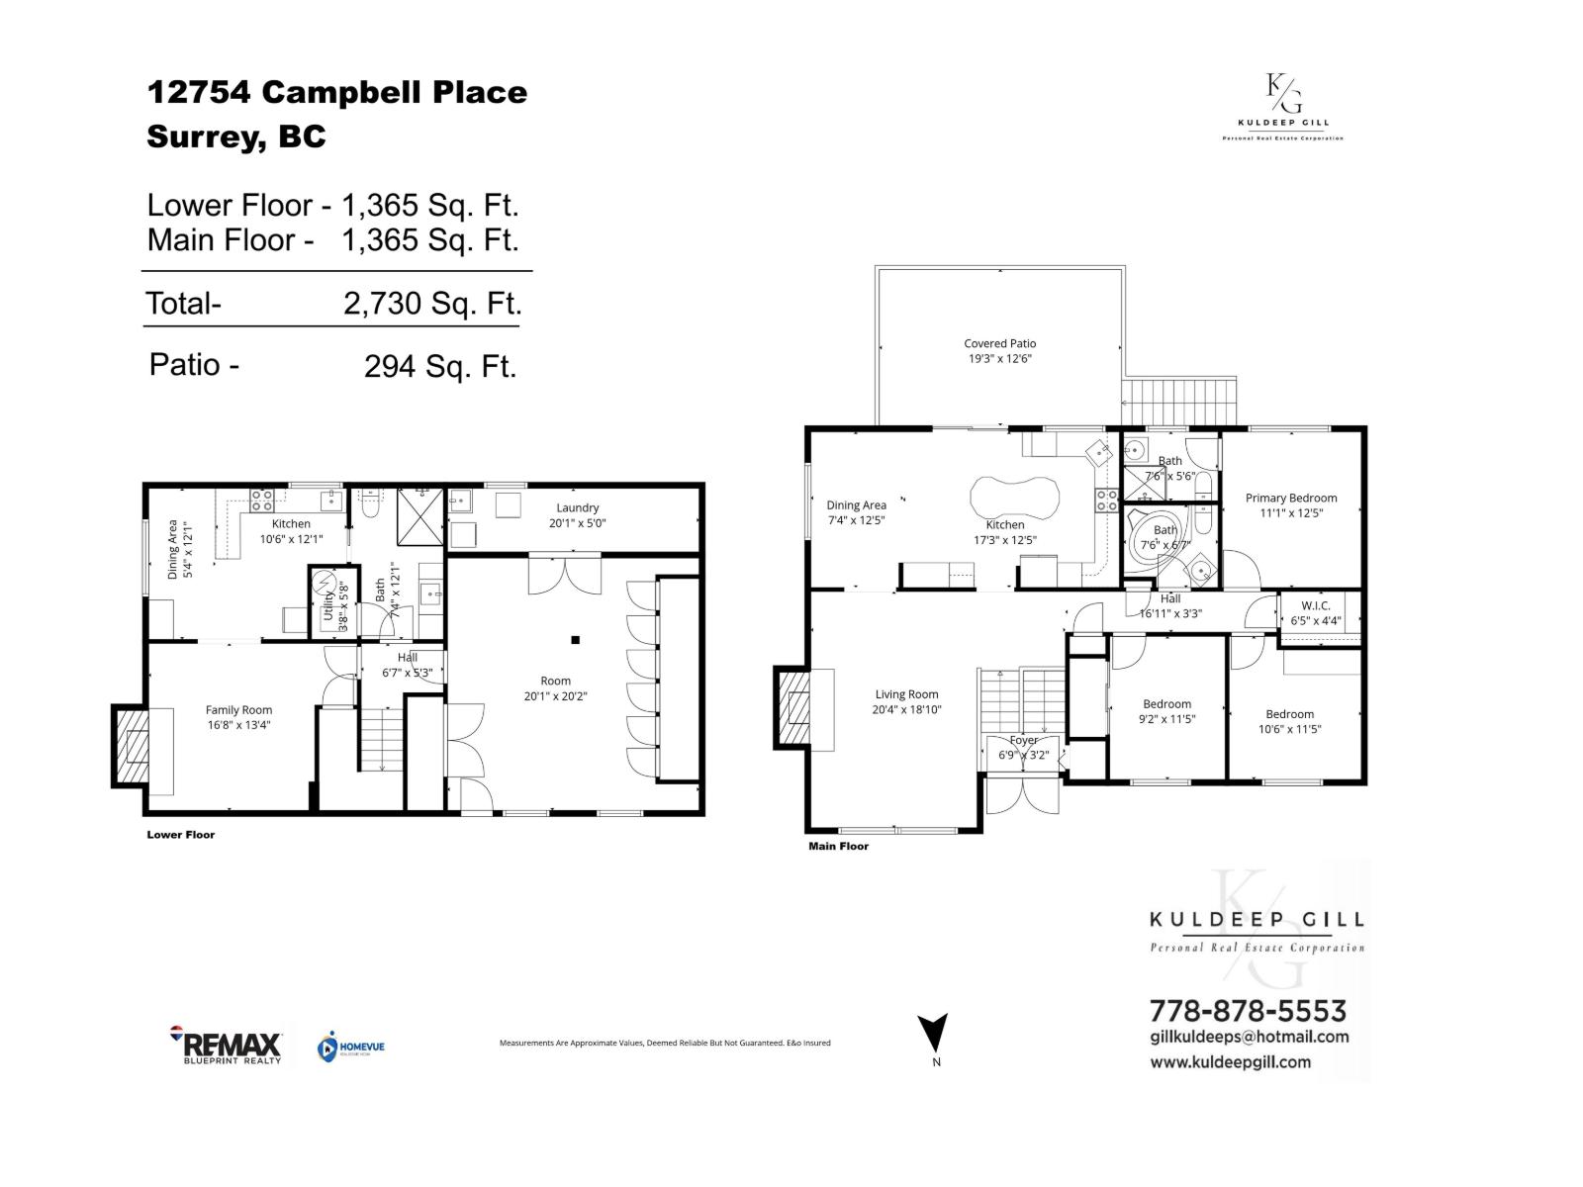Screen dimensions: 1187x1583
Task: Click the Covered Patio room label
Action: pos(999,343)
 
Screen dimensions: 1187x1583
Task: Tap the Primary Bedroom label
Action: pos(1290,498)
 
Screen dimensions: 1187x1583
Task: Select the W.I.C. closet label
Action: pos(1315,605)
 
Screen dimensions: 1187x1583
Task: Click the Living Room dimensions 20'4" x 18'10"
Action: pos(905,709)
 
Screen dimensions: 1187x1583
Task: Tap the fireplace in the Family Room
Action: pos(132,747)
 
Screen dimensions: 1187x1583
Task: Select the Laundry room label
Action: pos(577,507)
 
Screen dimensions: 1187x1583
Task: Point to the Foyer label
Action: pos(1023,740)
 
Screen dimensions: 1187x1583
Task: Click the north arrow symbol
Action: pos(933,1033)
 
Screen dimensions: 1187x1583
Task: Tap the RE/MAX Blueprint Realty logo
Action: pos(227,1045)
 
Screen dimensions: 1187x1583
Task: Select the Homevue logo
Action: pos(350,1048)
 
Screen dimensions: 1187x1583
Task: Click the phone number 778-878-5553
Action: pos(1247,1011)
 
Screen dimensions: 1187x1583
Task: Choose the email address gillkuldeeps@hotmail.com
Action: pos(1249,1037)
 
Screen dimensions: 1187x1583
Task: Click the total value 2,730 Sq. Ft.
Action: pos(431,303)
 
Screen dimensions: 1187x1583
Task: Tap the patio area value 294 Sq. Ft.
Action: pos(440,366)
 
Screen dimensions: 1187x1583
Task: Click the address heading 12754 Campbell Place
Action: pos(336,92)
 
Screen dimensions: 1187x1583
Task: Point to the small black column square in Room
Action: pos(574,639)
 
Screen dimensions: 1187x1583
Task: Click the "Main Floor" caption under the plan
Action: pos(838,846)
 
